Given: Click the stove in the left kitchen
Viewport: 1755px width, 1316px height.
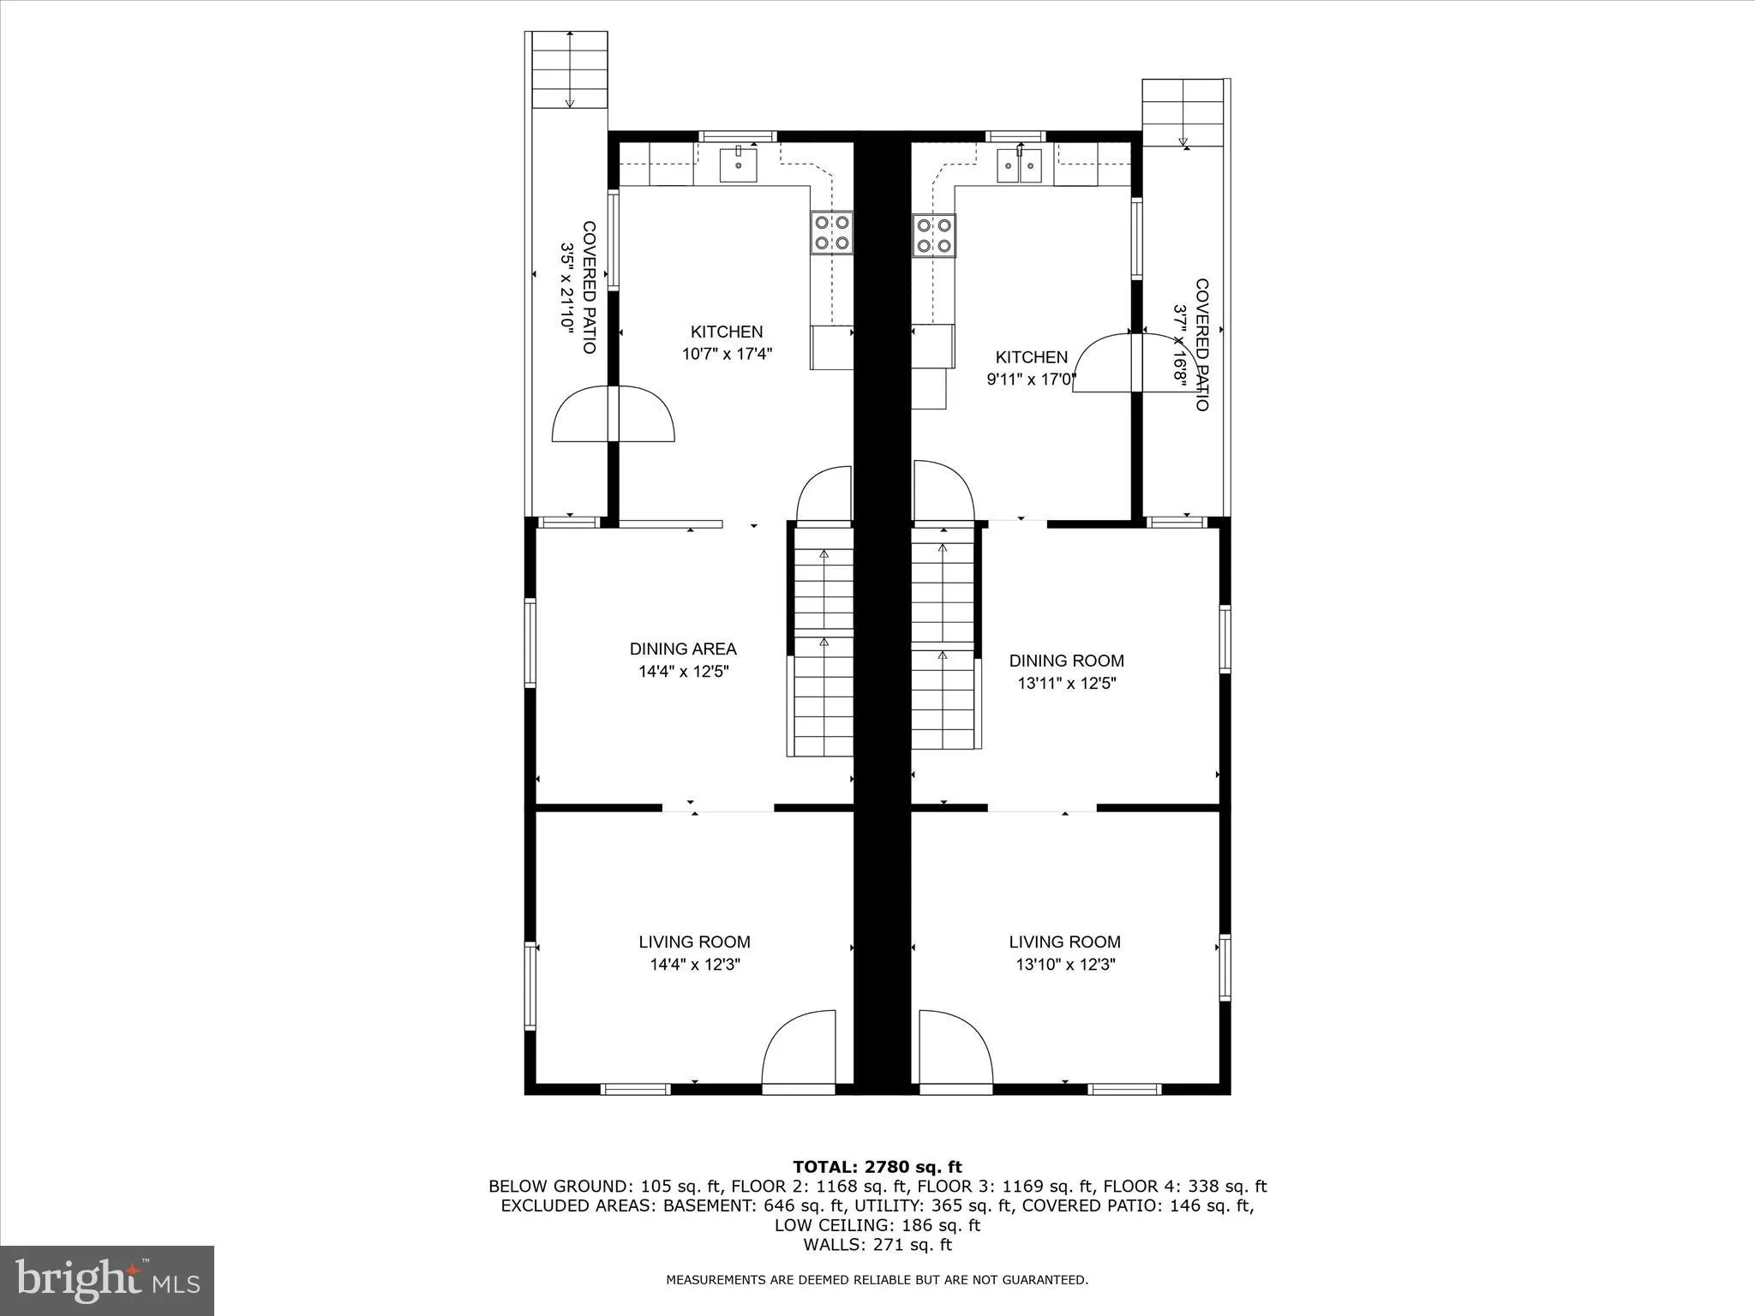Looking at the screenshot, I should pos(832,233).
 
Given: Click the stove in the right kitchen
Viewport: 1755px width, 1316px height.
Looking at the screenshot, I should pos(934,236).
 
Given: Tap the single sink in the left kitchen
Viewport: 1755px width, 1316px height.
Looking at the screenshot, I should pos(738,164).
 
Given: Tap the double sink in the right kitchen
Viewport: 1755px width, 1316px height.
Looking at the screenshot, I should pos(1019,166).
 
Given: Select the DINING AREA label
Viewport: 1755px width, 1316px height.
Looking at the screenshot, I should pos(683,649).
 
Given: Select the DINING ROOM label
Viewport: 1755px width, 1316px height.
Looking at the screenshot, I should pos(1066,661).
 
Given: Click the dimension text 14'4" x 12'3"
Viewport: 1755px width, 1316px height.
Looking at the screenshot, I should pos(695,965).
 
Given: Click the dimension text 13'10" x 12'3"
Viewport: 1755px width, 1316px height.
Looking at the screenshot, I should pos(1065,965).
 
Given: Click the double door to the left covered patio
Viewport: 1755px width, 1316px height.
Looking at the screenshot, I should pos(614,415).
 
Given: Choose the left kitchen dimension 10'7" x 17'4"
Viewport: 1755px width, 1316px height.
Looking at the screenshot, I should pos(727,354).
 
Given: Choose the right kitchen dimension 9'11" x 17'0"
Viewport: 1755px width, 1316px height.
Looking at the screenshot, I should pos(1031,380).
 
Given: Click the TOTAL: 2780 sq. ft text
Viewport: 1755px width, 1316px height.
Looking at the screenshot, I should pos(877,1167).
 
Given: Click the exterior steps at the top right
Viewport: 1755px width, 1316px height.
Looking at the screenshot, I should pos(1183,112).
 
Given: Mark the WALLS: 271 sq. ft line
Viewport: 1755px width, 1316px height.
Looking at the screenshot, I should pos(877,1245).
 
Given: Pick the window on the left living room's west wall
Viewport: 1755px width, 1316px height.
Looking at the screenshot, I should pos(530,985).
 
